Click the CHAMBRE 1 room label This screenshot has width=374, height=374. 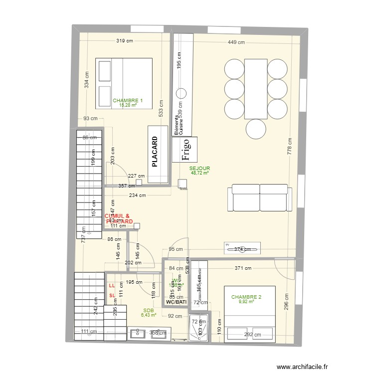(128, 101)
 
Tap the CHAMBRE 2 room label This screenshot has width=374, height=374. (246, 297)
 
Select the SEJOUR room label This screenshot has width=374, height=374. (200, 169)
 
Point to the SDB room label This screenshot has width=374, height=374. (148, 310)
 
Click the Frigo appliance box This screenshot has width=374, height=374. (185, 150)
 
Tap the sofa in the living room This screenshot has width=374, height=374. (260, 198)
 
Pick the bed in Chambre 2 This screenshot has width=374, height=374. (250, 313)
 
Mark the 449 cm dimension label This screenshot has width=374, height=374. (236, 42)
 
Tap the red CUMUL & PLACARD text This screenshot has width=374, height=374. (118, 219)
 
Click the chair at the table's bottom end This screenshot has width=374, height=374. (256, 130)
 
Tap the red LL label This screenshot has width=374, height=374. (112, 286)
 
